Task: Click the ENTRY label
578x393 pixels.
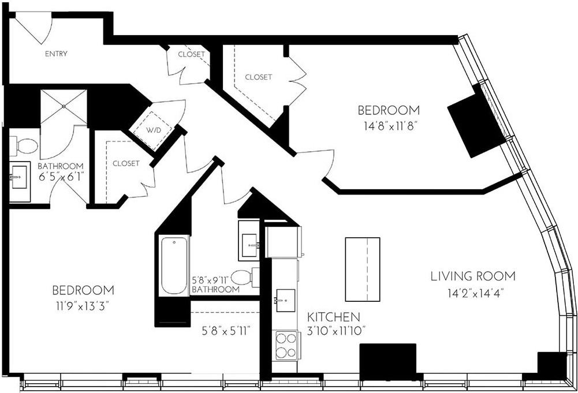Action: (56, 54)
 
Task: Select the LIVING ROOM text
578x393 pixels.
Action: (473, 276)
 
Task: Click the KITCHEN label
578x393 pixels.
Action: (334, 317)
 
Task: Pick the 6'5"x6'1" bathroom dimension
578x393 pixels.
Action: (61, 177)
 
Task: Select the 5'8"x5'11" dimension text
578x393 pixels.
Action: (225, 332)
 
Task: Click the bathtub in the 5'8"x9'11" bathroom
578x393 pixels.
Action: (174, 265)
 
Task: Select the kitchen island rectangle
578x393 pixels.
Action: (363, 269)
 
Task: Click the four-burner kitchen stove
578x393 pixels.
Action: (285, 345)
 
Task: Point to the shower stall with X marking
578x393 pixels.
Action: (64, 107)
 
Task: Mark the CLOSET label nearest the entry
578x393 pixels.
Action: (191, 54)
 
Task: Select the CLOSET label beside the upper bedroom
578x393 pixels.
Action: (258, 77)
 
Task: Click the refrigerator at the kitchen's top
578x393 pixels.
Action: (283, 241)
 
